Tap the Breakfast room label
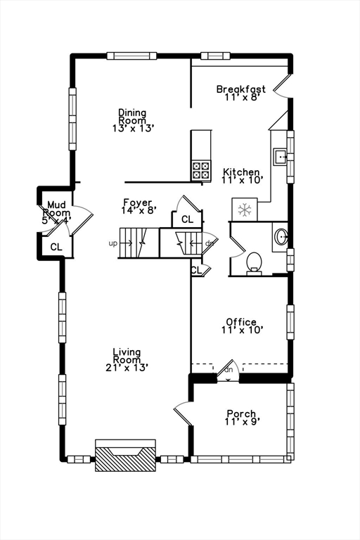tap(240, 89)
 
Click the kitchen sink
tap(279, 156)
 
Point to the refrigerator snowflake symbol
tap(245, 210)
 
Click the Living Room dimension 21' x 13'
tap(127, 367)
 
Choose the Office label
tap(241, 322)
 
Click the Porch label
tap(241, 413)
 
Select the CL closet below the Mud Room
tap(56, 247)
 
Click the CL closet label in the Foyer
tap(187, 219)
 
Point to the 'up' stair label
tap(112, 244)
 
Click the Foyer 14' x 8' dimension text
tap(138, 210)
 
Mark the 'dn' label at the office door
tap(229, 370)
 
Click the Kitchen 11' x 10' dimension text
tap(242, 181)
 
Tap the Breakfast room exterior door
tap(281, 84)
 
